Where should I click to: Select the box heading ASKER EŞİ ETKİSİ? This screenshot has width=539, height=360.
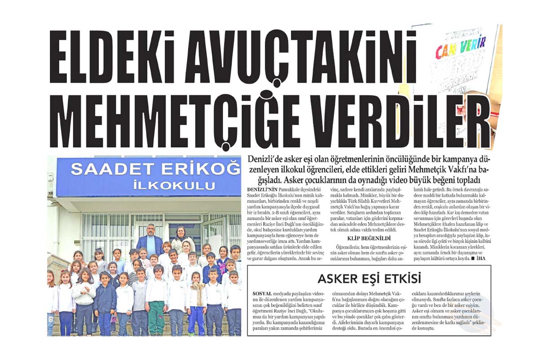click(369, 279)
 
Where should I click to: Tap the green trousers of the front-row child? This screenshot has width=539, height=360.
click(156, 317)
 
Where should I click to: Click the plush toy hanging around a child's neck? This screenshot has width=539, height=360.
click(198, 290)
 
